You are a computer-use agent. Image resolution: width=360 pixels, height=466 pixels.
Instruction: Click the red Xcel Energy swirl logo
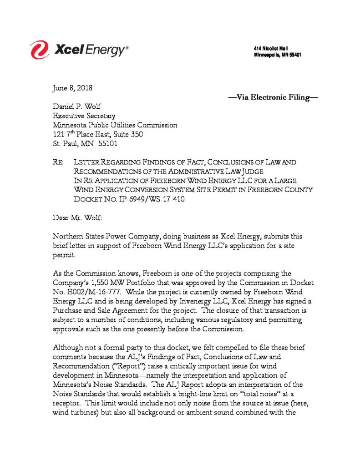coord(40,50)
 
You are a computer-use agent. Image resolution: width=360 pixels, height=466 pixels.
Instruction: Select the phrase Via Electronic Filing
coord(273,96)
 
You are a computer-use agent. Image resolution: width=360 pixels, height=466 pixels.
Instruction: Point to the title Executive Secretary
coord(84,116)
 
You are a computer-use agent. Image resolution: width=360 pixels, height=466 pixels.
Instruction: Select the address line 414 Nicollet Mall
coord(271,49)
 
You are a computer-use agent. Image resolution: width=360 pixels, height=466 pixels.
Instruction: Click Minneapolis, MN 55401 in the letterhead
coord(277,55)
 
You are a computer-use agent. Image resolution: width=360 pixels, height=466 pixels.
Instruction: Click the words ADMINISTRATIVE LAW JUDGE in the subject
coord(218,171)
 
